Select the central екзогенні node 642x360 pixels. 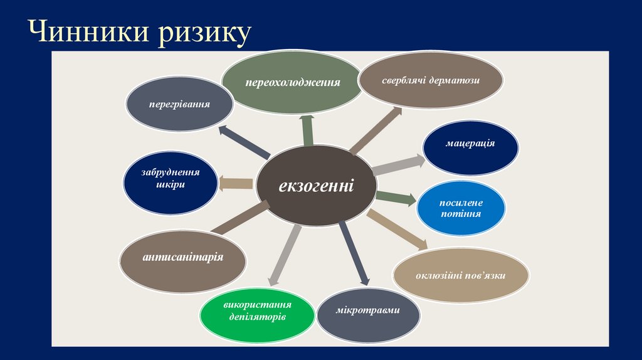click(x=317, y=186)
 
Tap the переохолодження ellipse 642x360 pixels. click(x=293, y=82)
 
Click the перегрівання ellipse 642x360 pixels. click(x=179, y=104)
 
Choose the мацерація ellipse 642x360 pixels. click(x=471, y=147)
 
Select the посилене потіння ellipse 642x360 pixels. click(x=461, y=209)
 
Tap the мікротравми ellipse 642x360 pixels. click(x=367, y=312)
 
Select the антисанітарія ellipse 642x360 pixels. click(x=182, y=258)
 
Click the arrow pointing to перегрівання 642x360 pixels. click(x=244, y=142)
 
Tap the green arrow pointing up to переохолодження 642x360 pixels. click(x=308, y=130)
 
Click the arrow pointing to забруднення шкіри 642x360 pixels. click(x=236, y=183)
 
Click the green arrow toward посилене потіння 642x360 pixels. click(x=396, y=198)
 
